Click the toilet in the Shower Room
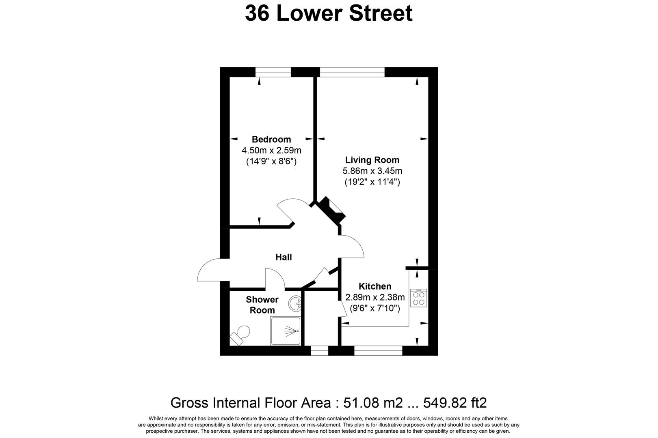(x=240, y=335)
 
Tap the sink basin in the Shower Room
(x=295, y=303)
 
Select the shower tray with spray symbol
(x=286, y=331)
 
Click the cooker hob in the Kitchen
(x=418, y=298)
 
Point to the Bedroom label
(x=271, y=139)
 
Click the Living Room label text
(x=372, y=160)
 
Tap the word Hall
(x=284, y=257)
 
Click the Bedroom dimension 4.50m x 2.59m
(x=271, y=150)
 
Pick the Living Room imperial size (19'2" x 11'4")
(x=372, y=182)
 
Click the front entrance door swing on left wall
(x=209, y=271)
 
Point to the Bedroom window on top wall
(x=273, y=72)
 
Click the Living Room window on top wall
(x=352, y=72)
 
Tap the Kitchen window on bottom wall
(x=378, y=350)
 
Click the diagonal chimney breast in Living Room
(x=331, y=210)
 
